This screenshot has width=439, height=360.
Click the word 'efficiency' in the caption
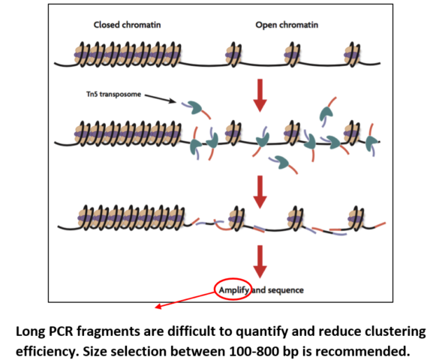49,350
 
